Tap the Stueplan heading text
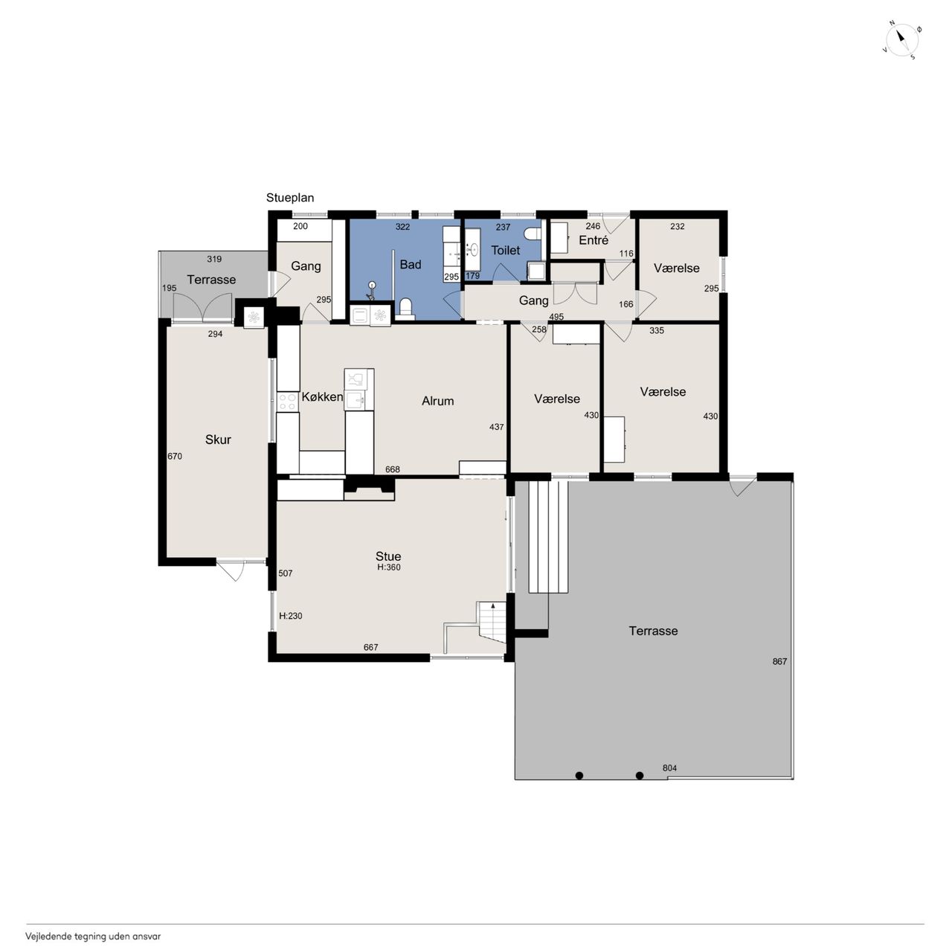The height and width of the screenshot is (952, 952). tap(290, 198)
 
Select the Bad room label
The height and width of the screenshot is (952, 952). tap(410, 264)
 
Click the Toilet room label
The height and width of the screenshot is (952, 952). tap(505, 250)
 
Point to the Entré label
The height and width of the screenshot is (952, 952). tap(594, 240)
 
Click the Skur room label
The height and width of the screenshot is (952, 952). tap(218, 440)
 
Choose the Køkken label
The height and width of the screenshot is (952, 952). tap(322, 396)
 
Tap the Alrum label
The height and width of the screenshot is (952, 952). tap(438, 401)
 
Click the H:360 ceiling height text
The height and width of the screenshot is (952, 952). tap(389, 567)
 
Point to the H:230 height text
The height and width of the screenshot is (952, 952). tap(291, 616)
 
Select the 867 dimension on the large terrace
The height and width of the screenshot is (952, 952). tap(779, 661)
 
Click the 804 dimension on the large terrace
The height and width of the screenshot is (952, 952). tap(669, 768)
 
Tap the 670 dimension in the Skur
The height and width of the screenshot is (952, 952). tap(175, 456)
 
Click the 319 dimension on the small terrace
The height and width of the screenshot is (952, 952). tap(214, 259)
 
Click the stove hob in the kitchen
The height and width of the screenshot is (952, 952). tap(288, 402)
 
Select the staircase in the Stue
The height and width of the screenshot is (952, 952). tap(492, 622)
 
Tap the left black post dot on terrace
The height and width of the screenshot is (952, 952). tap(579, 776)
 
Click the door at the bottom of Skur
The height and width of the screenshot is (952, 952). tap(231, 570)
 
